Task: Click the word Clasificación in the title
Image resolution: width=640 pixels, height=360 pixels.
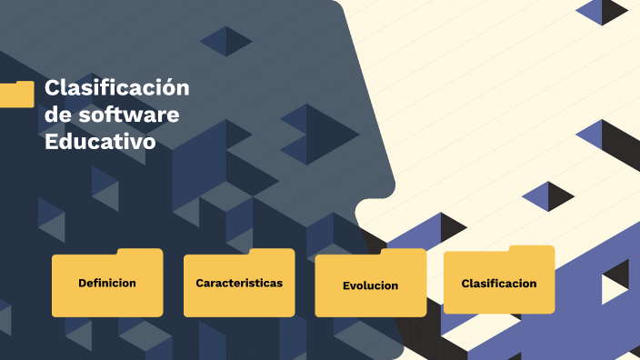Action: point(116,88)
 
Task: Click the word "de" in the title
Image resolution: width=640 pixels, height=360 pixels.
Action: point(57,115)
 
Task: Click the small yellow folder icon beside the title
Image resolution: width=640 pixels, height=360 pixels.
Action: point(16,95)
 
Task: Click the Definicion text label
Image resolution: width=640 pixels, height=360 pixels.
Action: point(107,283)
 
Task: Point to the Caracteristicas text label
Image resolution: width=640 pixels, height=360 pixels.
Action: point(239,283)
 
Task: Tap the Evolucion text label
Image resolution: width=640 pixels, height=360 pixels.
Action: point(370,285)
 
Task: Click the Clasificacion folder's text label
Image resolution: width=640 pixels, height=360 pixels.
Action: point(499,283)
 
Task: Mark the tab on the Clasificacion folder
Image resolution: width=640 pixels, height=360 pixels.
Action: point(531,250)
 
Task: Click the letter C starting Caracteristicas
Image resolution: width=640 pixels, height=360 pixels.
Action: point(200,283)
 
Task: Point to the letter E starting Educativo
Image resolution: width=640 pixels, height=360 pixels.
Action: point(51,143)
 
